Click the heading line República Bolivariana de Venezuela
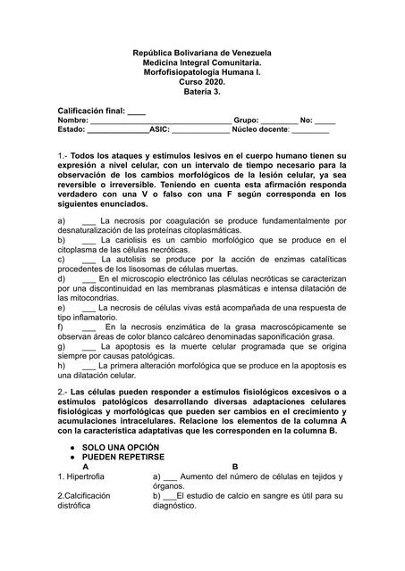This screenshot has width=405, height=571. pos(202,54)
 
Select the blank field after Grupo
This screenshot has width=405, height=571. pos(279,120)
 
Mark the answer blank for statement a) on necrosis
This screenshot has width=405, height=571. pos(89,219)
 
